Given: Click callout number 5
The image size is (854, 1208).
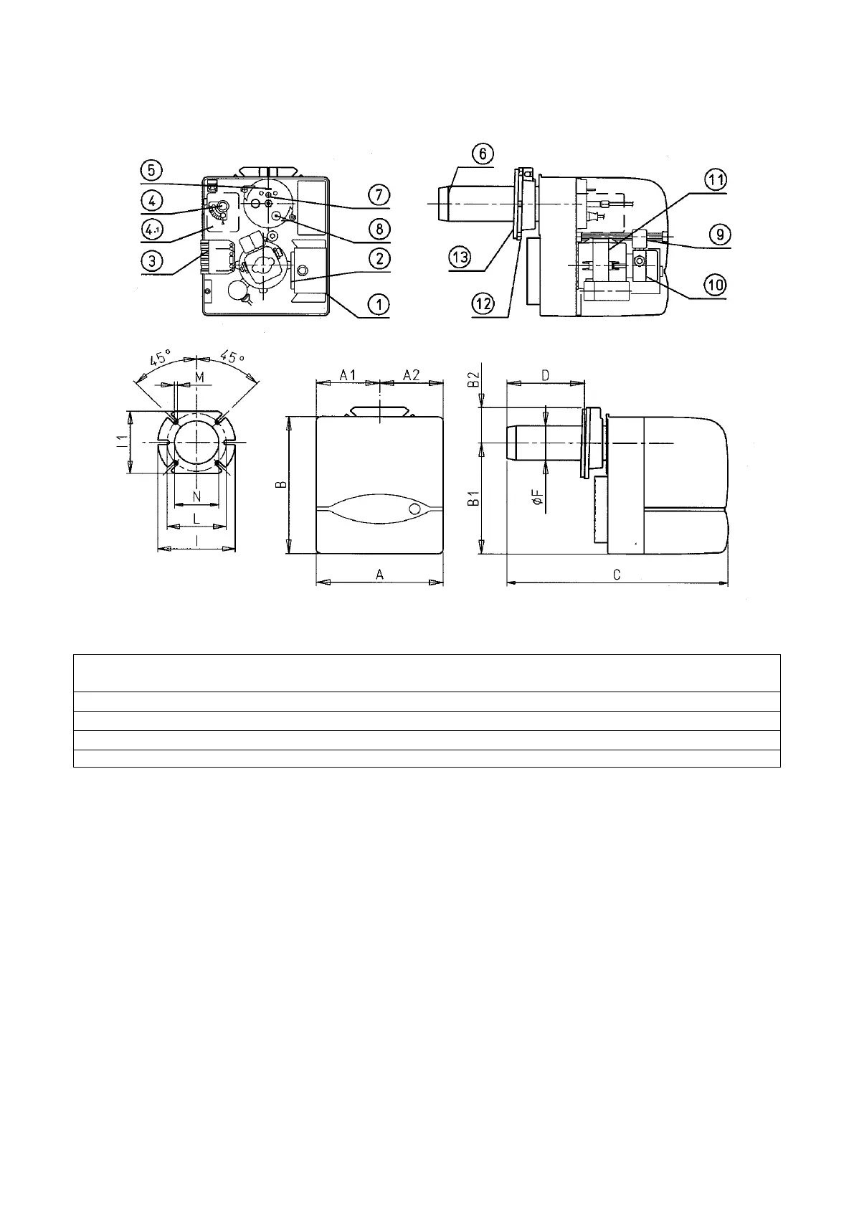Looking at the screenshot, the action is coord(151,171).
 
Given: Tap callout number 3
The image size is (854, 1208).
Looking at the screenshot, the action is coord(151,262).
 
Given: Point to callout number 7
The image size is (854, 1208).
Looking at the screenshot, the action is coord(379,194).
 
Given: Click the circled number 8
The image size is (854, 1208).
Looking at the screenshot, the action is coord(379,229).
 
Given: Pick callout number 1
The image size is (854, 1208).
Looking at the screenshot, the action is coord(379,305).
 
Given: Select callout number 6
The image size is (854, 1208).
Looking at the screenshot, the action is coord(483,154).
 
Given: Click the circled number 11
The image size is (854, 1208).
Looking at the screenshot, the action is coord(716,180).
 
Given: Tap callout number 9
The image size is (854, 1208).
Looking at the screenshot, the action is coord(721,235).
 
